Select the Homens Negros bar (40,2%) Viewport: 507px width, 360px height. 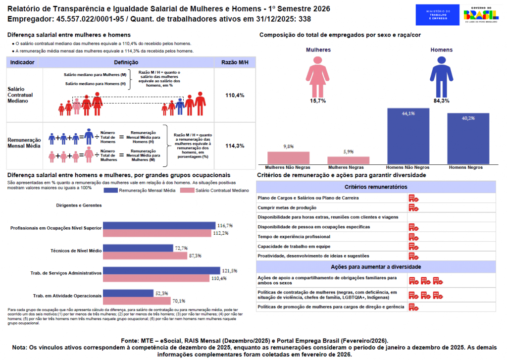(468, 139)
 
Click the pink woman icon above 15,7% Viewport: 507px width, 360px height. (318, 75)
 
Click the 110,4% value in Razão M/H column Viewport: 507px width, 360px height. (235, 95)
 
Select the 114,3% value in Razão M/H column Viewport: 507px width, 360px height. (235, 146)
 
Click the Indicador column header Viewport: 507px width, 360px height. (22, 63)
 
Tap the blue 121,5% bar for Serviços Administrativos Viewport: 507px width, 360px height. (161, 271)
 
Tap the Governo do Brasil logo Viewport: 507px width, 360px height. (481, 15)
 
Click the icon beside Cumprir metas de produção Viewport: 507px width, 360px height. (413, 207)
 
